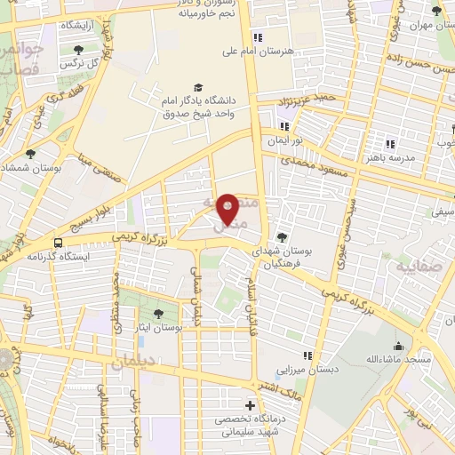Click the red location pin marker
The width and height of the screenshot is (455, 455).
point(228,210)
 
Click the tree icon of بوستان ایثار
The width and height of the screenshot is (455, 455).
point(157,313)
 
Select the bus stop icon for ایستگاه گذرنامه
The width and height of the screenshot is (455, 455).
point(59,242)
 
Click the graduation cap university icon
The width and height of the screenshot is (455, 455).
point(197,88)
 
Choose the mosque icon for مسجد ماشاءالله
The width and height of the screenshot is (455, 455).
point(397,345)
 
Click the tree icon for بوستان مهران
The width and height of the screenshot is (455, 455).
point(435,11)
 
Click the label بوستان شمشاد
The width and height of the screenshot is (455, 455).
point(29,167)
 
